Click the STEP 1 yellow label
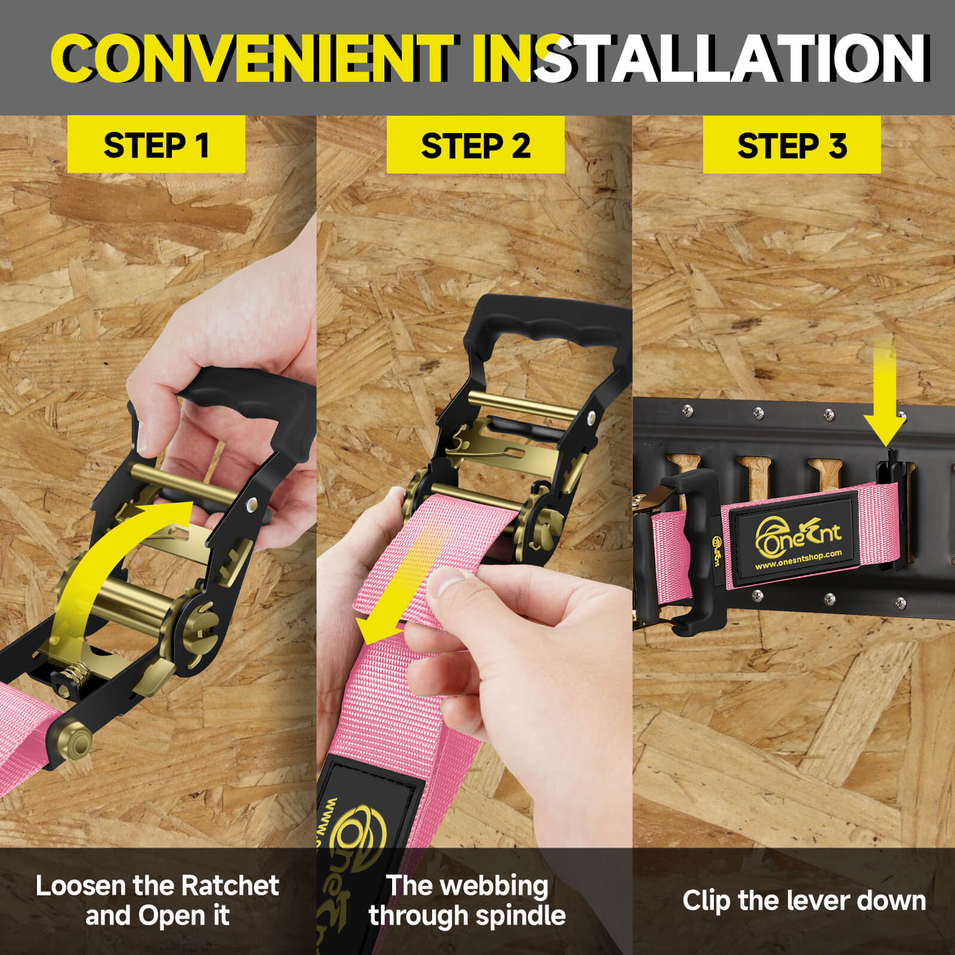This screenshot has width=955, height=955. pyautogui.click(x=156, y=144)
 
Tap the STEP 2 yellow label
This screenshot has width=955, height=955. pyautogui.click(x=476, y=145)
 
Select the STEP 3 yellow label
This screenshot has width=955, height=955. pyautogui.click(x=792, y=145)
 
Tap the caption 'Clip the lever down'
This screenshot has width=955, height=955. pyautogui.click(x=804, y=901)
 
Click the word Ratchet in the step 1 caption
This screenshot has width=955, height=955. pyautogui.click(x=230, y=886)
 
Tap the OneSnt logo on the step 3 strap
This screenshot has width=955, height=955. pyautogui.click(x=798, y=533)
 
